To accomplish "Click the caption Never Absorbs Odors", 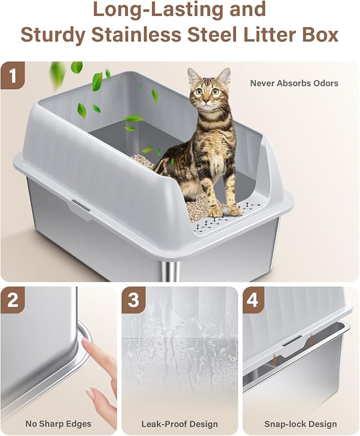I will click(x=294, y=83).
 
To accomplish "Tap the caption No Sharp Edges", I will click(x=58, y=424).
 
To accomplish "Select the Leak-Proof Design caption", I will click(x=179, y=424).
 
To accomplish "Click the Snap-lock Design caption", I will click(x=301, y=424).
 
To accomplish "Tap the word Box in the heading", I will click(x=320, y=34).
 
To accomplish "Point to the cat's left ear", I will click(x=225, y=75).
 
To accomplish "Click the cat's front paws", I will click(x=225, y=211).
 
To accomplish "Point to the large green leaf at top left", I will click(x=57, y=75).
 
